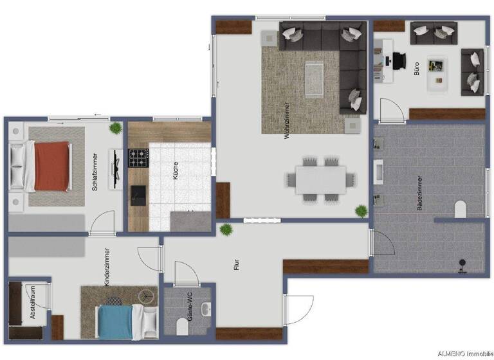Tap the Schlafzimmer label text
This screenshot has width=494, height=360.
[95, 172]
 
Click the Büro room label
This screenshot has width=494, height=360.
[416, 69]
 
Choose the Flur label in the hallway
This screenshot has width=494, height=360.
[237, 264]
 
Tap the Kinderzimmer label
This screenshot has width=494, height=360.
[106, 267]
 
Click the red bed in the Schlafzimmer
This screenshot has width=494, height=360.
[51, 166]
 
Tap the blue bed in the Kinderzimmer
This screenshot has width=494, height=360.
[116, 321]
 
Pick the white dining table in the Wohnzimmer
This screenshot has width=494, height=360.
[321, 179]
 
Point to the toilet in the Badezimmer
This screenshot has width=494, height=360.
[460, 209]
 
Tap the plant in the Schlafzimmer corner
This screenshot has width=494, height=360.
[115, 128]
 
